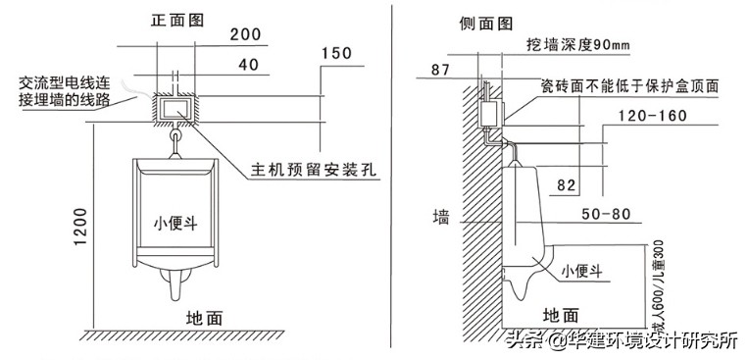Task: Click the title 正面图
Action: (177, 20)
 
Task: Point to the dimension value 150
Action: (336, 54)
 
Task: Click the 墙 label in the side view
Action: (442, 218)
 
